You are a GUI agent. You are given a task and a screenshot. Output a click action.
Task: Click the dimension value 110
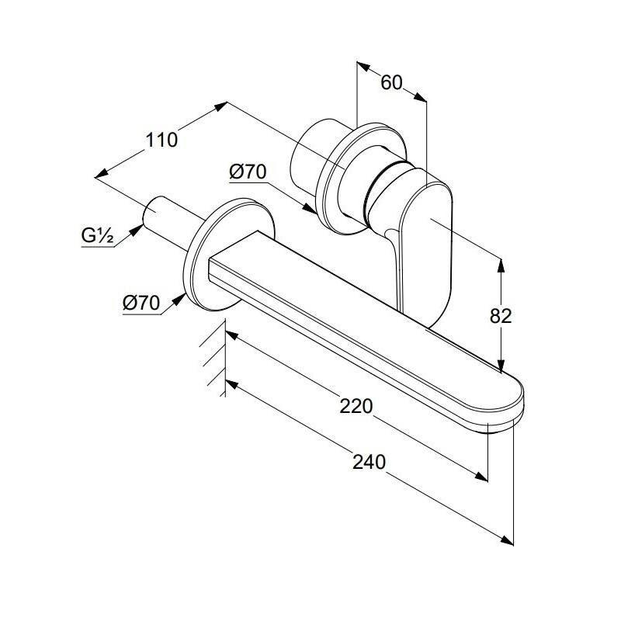(161, 141)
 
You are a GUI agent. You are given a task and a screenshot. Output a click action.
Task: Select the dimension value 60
(391, 83)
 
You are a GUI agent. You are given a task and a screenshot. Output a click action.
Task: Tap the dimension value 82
(501, 316)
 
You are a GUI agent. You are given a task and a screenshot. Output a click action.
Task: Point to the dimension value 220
(356, 406)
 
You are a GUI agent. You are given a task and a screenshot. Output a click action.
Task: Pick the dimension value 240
(369, 462)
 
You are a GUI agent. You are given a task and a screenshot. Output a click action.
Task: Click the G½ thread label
(98, 236)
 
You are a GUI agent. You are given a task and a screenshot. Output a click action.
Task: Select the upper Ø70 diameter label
(248, 172)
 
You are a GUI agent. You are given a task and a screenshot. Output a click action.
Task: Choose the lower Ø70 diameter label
(141, 303)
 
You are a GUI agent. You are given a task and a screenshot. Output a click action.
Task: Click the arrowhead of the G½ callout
(137, 230)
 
